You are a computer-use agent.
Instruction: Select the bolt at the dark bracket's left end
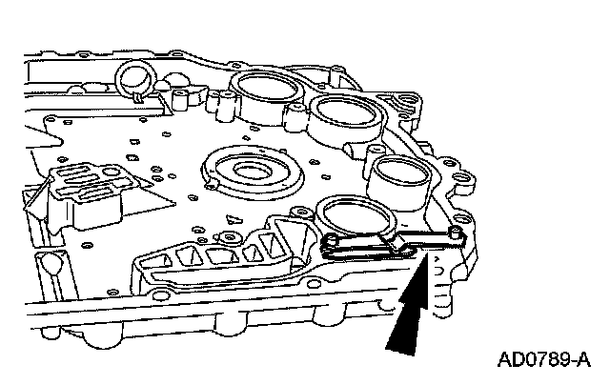(x=330, y=244)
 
